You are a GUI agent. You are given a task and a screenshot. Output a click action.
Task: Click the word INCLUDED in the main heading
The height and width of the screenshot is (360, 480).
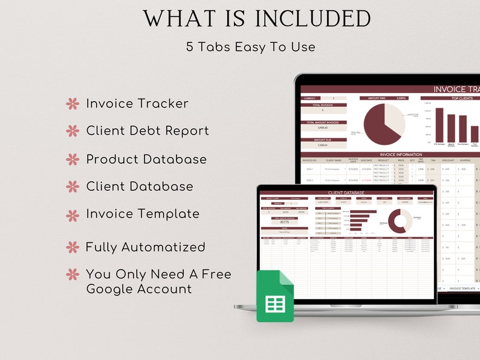click(x=313, y=19)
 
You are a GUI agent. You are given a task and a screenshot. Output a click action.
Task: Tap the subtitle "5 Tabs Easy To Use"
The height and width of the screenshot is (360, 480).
click(x=250, y=47)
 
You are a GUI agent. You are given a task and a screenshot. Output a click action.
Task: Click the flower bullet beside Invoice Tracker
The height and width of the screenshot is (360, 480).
click(x=73, y=104)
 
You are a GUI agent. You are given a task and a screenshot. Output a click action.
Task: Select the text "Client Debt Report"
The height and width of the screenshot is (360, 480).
click(x=148, y=130)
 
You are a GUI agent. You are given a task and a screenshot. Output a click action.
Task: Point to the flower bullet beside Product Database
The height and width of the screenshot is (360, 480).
click(x=73, y=159)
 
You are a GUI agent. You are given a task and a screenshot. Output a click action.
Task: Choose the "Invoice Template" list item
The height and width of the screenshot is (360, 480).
click(x=143, y=214)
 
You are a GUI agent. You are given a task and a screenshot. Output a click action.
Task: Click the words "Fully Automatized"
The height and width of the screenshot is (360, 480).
click(x=145, y=247)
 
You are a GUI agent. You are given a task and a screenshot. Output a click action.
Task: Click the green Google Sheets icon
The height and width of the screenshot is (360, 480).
click(x=274, y=296)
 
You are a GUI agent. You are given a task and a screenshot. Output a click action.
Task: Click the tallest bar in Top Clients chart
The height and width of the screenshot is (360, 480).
click(x=439, y=125)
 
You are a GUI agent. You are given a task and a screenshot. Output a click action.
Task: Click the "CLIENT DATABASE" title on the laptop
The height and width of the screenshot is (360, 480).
click(x=348, y=193)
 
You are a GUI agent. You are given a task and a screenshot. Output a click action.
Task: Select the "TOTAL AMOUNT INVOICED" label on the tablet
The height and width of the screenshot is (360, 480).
click(x=324, y=123)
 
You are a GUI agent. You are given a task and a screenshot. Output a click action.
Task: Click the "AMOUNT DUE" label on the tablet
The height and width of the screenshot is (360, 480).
click(x=324, y=140)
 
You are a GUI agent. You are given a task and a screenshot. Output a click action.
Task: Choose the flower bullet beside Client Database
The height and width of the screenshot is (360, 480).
click(x=73, y=187)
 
